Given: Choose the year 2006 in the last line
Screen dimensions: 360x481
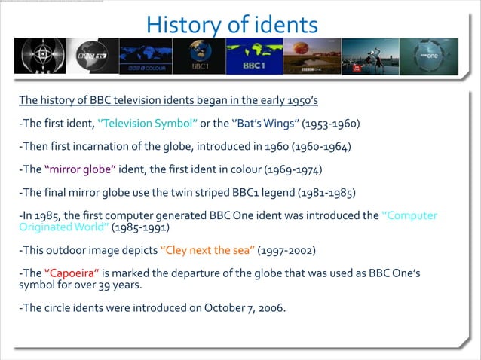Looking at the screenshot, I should (271, 307).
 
